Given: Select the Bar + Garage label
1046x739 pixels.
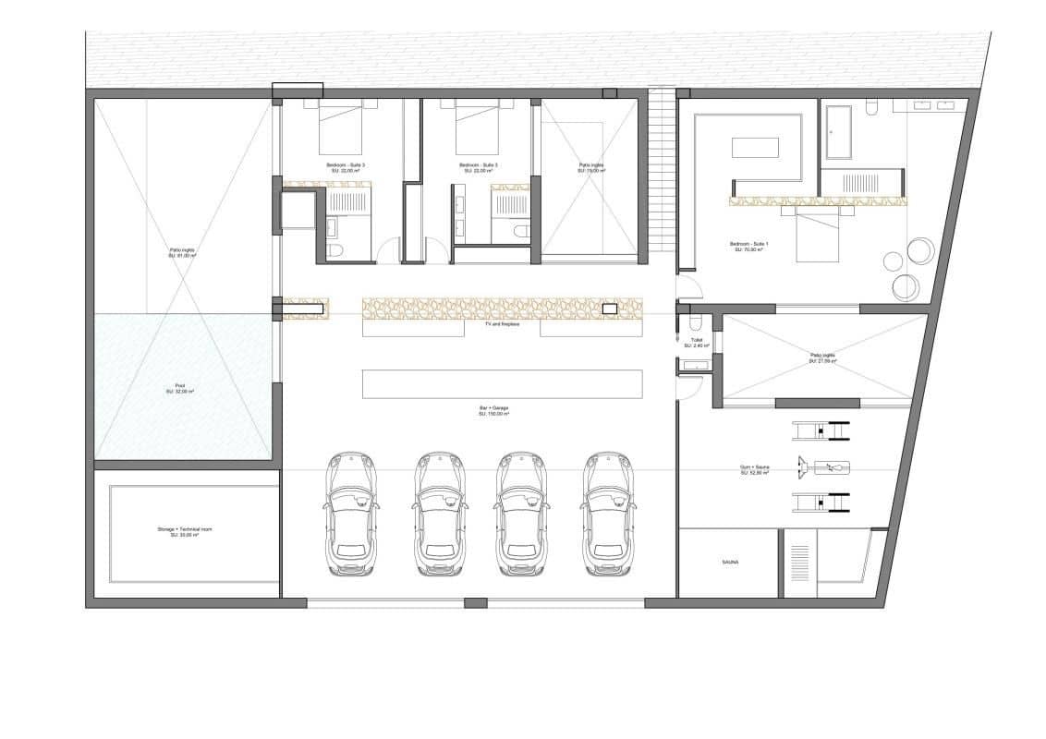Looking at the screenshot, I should click(x=493, y=412).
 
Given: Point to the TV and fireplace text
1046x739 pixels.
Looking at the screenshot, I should click(x=502, y=325).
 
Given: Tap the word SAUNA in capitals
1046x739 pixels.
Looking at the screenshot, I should click(x=731, y=562).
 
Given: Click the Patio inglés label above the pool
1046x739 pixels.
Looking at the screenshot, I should click(x=181, y=252).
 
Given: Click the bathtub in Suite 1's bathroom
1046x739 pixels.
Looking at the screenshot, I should click(x=840, y=131).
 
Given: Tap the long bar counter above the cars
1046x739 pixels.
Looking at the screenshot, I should click(x=502, y=383).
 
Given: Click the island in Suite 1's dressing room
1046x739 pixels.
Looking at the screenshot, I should click(x=755, y=147).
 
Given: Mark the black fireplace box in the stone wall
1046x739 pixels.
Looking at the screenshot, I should click(x=610, y=309).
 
